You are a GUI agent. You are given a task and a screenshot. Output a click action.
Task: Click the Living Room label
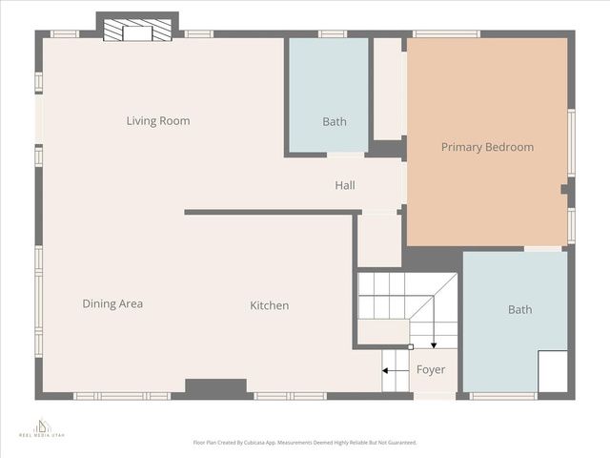pos(158,121)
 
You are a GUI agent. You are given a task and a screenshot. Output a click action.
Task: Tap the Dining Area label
pos(112,304)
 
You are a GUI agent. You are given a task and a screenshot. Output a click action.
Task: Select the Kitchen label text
pos(269,305)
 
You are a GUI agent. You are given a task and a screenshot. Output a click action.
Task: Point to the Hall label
pos(344,185)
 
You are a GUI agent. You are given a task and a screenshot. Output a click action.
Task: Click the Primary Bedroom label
pos(487,147)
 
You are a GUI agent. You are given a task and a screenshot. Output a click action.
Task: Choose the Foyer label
pos(430,370)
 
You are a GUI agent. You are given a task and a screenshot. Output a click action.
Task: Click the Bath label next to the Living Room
pos(334,121)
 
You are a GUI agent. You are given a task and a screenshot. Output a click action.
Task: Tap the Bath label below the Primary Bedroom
pos(519,310)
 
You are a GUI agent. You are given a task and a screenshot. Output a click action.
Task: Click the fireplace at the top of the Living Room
pos(137,32)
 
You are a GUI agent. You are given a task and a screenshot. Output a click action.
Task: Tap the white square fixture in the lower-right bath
pos(552,370)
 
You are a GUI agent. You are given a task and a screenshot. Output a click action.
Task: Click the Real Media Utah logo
pos(40,427)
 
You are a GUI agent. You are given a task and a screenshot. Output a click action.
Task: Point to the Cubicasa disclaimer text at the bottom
pos(305,443)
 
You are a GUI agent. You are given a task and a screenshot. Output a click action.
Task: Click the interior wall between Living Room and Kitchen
pos(269,212)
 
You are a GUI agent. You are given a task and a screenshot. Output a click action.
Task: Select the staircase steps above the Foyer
pos(396,296)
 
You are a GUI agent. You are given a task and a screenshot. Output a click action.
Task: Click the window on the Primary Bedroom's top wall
pos(445,34)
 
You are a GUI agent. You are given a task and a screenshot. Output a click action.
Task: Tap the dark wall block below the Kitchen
pos(215,387)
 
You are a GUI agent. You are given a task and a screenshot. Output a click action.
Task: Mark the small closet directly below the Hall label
pos(378,240)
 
